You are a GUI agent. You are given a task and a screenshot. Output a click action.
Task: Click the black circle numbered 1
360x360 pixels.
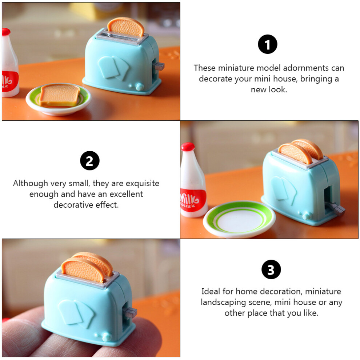click(268, 44)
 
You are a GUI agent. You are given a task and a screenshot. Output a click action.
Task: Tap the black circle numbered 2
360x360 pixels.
click(90, 160)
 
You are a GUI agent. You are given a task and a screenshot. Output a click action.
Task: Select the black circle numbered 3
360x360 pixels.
click(271, 269)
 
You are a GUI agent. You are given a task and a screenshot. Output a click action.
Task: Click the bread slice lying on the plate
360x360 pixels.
click(60, 95)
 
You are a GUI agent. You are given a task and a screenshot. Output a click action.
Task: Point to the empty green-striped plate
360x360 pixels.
click(239, 219)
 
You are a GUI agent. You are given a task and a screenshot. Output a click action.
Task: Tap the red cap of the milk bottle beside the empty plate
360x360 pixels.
click(188, 147)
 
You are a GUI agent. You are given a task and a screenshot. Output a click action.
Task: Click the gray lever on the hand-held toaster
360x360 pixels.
click(130, 312)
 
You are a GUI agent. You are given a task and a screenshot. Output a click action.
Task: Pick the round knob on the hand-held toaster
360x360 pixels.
click(107, 337)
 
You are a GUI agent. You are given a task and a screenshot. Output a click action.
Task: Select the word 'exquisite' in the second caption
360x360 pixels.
click(142, 183)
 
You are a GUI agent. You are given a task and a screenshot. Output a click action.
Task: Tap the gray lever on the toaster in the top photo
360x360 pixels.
click(159, 66)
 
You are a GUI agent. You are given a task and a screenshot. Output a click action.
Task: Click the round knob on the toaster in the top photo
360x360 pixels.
click(140, 87)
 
